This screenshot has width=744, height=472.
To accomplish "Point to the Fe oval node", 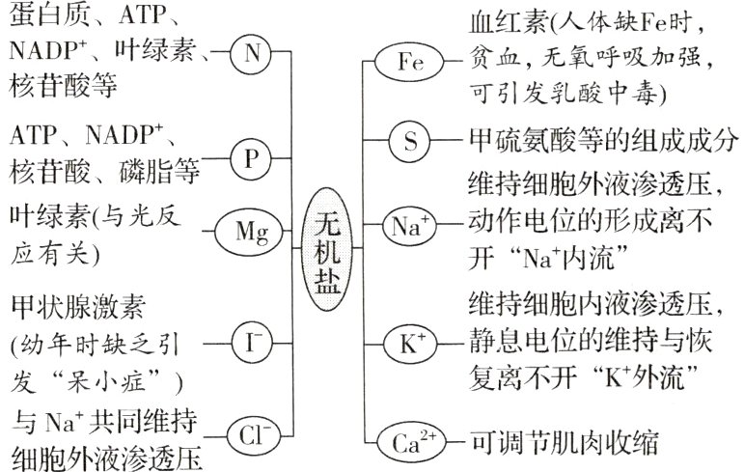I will tap(409, 64).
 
